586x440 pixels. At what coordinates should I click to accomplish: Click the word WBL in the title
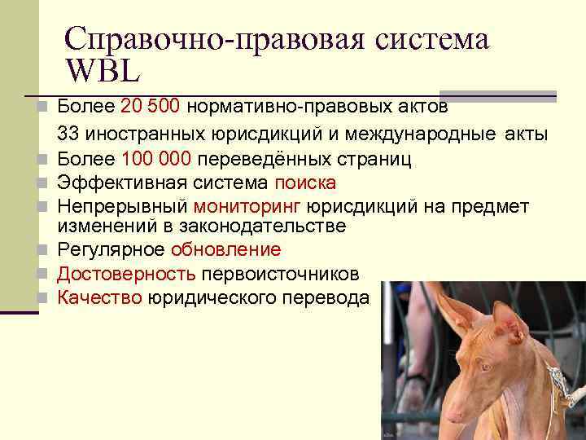tap(103, 71)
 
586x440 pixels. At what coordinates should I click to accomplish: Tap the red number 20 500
tap(153, 106)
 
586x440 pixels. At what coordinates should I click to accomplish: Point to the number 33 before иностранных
tap(68, 133)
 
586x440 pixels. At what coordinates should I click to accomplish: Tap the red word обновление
tap(225, 250)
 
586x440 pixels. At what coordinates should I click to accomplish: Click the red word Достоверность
tap(125, 275)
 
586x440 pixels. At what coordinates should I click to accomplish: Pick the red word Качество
tap(98, 298)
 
